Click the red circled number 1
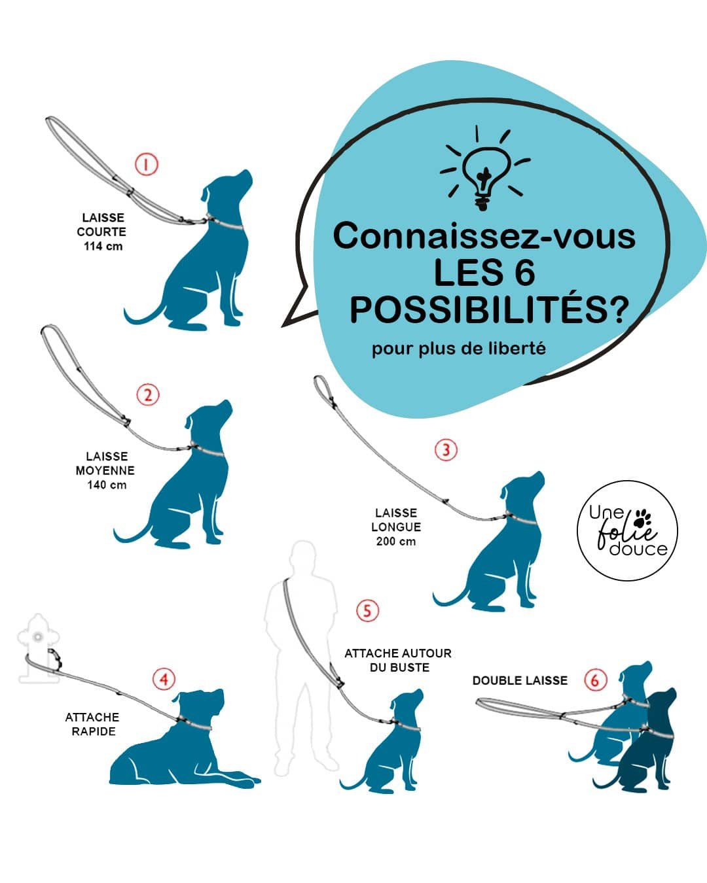[x=147, y=165]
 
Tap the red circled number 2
[x=147, y=394]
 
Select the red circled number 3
[x=446, y=450]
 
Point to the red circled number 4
[x=164, y=680]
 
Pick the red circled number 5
[x=367, y=610]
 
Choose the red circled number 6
[x=595, y=680]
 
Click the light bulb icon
[x=485, y=169]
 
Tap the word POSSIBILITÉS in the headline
[x=489, y=310]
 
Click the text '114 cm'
[x=103, y=246]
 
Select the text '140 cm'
[x=107, y=485]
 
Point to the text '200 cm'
[x=396, y=542]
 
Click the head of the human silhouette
[x=303, y=555]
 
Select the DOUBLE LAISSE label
[x=520, y=681]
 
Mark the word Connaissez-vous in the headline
[x=484, y=237]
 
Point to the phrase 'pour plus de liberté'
[x=459, y=349]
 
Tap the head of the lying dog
[x=201, y=704]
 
